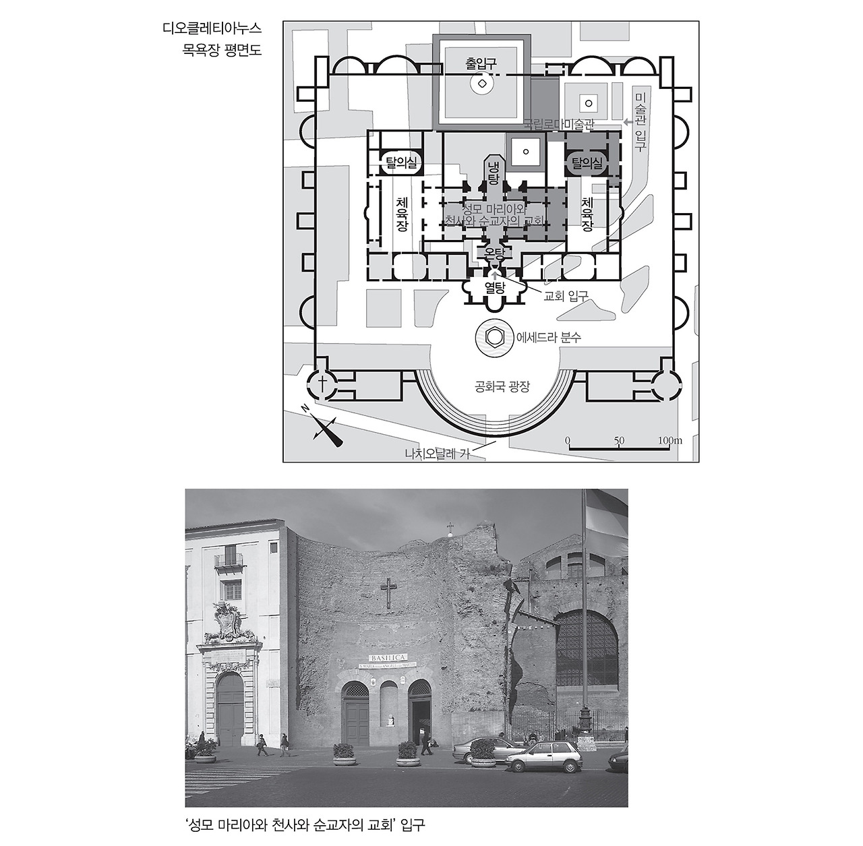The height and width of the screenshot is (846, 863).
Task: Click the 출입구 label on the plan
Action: click(481, 64)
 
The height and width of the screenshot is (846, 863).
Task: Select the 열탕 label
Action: click(495, 287)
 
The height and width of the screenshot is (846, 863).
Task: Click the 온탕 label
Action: click(491, 254)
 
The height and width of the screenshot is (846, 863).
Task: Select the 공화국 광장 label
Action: click(502, 387)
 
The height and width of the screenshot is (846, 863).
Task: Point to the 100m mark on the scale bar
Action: click(670, 441)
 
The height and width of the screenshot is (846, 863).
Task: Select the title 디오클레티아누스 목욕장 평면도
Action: click(212, 38)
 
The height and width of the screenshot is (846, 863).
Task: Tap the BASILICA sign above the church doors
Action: click(389, 657)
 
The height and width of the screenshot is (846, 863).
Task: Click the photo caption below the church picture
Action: click(305, 824)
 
